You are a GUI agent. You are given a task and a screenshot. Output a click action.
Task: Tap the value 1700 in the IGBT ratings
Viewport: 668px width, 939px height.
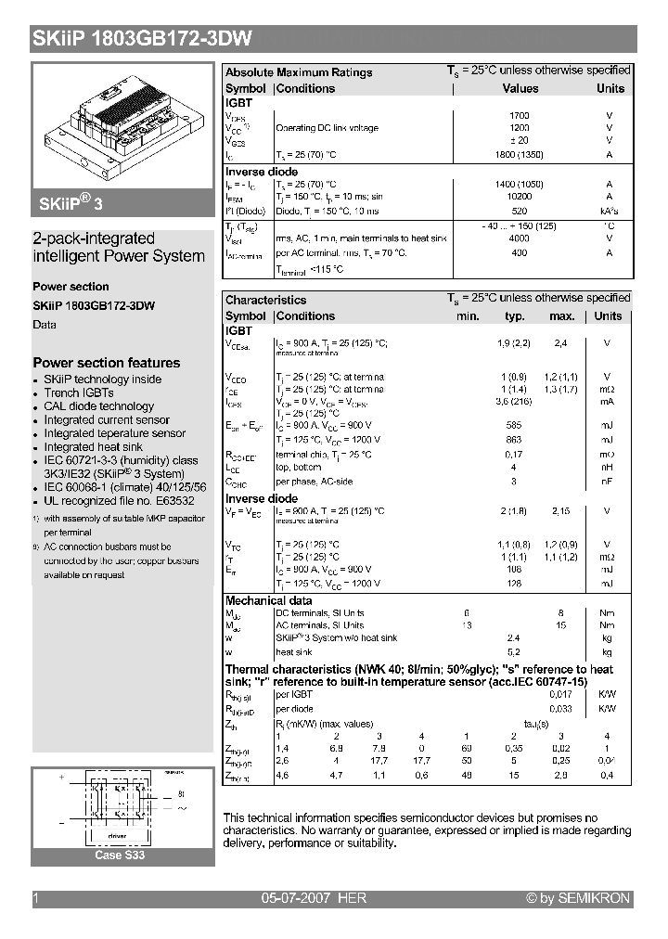[x=520, y=116]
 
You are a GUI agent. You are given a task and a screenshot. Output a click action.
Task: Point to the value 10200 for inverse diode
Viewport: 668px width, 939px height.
[x=520, y=197]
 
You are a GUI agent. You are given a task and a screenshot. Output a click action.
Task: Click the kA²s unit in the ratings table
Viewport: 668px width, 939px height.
[x=609, y=211]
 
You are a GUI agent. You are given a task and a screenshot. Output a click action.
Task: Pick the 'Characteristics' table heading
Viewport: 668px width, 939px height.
[x=265, y=300]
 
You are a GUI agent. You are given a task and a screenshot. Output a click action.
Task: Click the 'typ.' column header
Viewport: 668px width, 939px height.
[x=514, y=316]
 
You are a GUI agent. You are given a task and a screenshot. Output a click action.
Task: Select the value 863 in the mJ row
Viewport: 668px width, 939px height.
[x=513, y=440]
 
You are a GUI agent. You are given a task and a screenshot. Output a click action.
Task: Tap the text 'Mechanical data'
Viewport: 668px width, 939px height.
[x=268, y=600]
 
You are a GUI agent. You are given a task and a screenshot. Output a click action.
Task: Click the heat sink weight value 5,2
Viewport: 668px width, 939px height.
[x=513, y=653]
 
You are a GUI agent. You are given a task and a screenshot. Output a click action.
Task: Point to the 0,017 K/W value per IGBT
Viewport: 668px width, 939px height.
[x=560, y=694]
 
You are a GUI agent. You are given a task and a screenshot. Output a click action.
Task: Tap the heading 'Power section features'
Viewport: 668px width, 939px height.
[x=107, y=363]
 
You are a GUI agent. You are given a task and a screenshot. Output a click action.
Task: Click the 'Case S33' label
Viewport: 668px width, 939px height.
[x=121, y=855]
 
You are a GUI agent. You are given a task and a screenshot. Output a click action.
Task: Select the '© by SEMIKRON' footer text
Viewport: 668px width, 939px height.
[x=578, y=898]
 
